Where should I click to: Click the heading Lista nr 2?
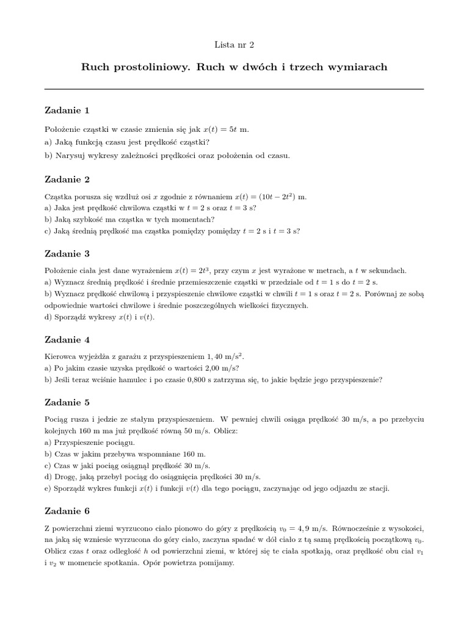click(x=234, y=44)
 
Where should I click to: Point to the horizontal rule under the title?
click(x=234, y=89)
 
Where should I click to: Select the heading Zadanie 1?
click(x=67, y=110)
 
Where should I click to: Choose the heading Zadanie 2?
click(x=67, y=179)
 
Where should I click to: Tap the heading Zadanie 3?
click(x=67, y=253)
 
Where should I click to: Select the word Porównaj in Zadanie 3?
click(x=384, y=294)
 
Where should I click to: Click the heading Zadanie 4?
click(x=67, y=339)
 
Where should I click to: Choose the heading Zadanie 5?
click(x=67, y=402)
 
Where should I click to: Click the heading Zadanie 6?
click(x=67, y=510)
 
